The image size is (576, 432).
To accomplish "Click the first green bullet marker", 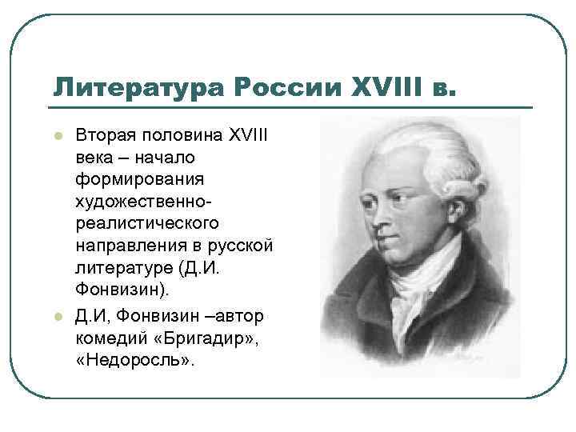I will click(x=58, y=136).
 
